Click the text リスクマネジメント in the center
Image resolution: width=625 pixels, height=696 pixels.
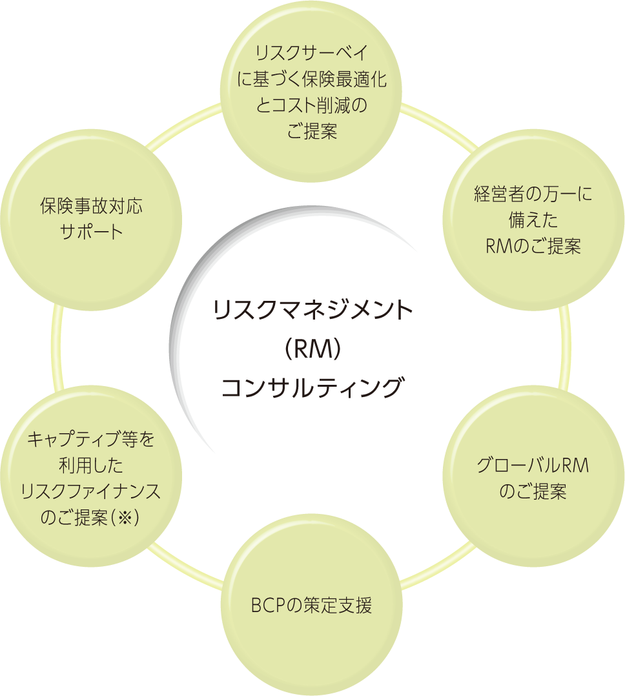click(312, 310)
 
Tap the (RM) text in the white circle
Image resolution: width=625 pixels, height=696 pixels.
click(312, 350)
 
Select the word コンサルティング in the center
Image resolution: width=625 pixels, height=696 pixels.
click(312, 389)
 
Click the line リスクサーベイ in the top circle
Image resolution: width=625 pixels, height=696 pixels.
click(312, 52)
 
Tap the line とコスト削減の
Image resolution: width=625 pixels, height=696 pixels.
click(312, 105)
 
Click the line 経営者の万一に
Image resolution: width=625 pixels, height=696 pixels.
click(533, 195)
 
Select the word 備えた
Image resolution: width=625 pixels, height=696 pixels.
click(533, 221)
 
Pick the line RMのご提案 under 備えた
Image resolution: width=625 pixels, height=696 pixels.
click(533, 247)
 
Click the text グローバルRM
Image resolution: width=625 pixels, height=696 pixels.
click(533, 466)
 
